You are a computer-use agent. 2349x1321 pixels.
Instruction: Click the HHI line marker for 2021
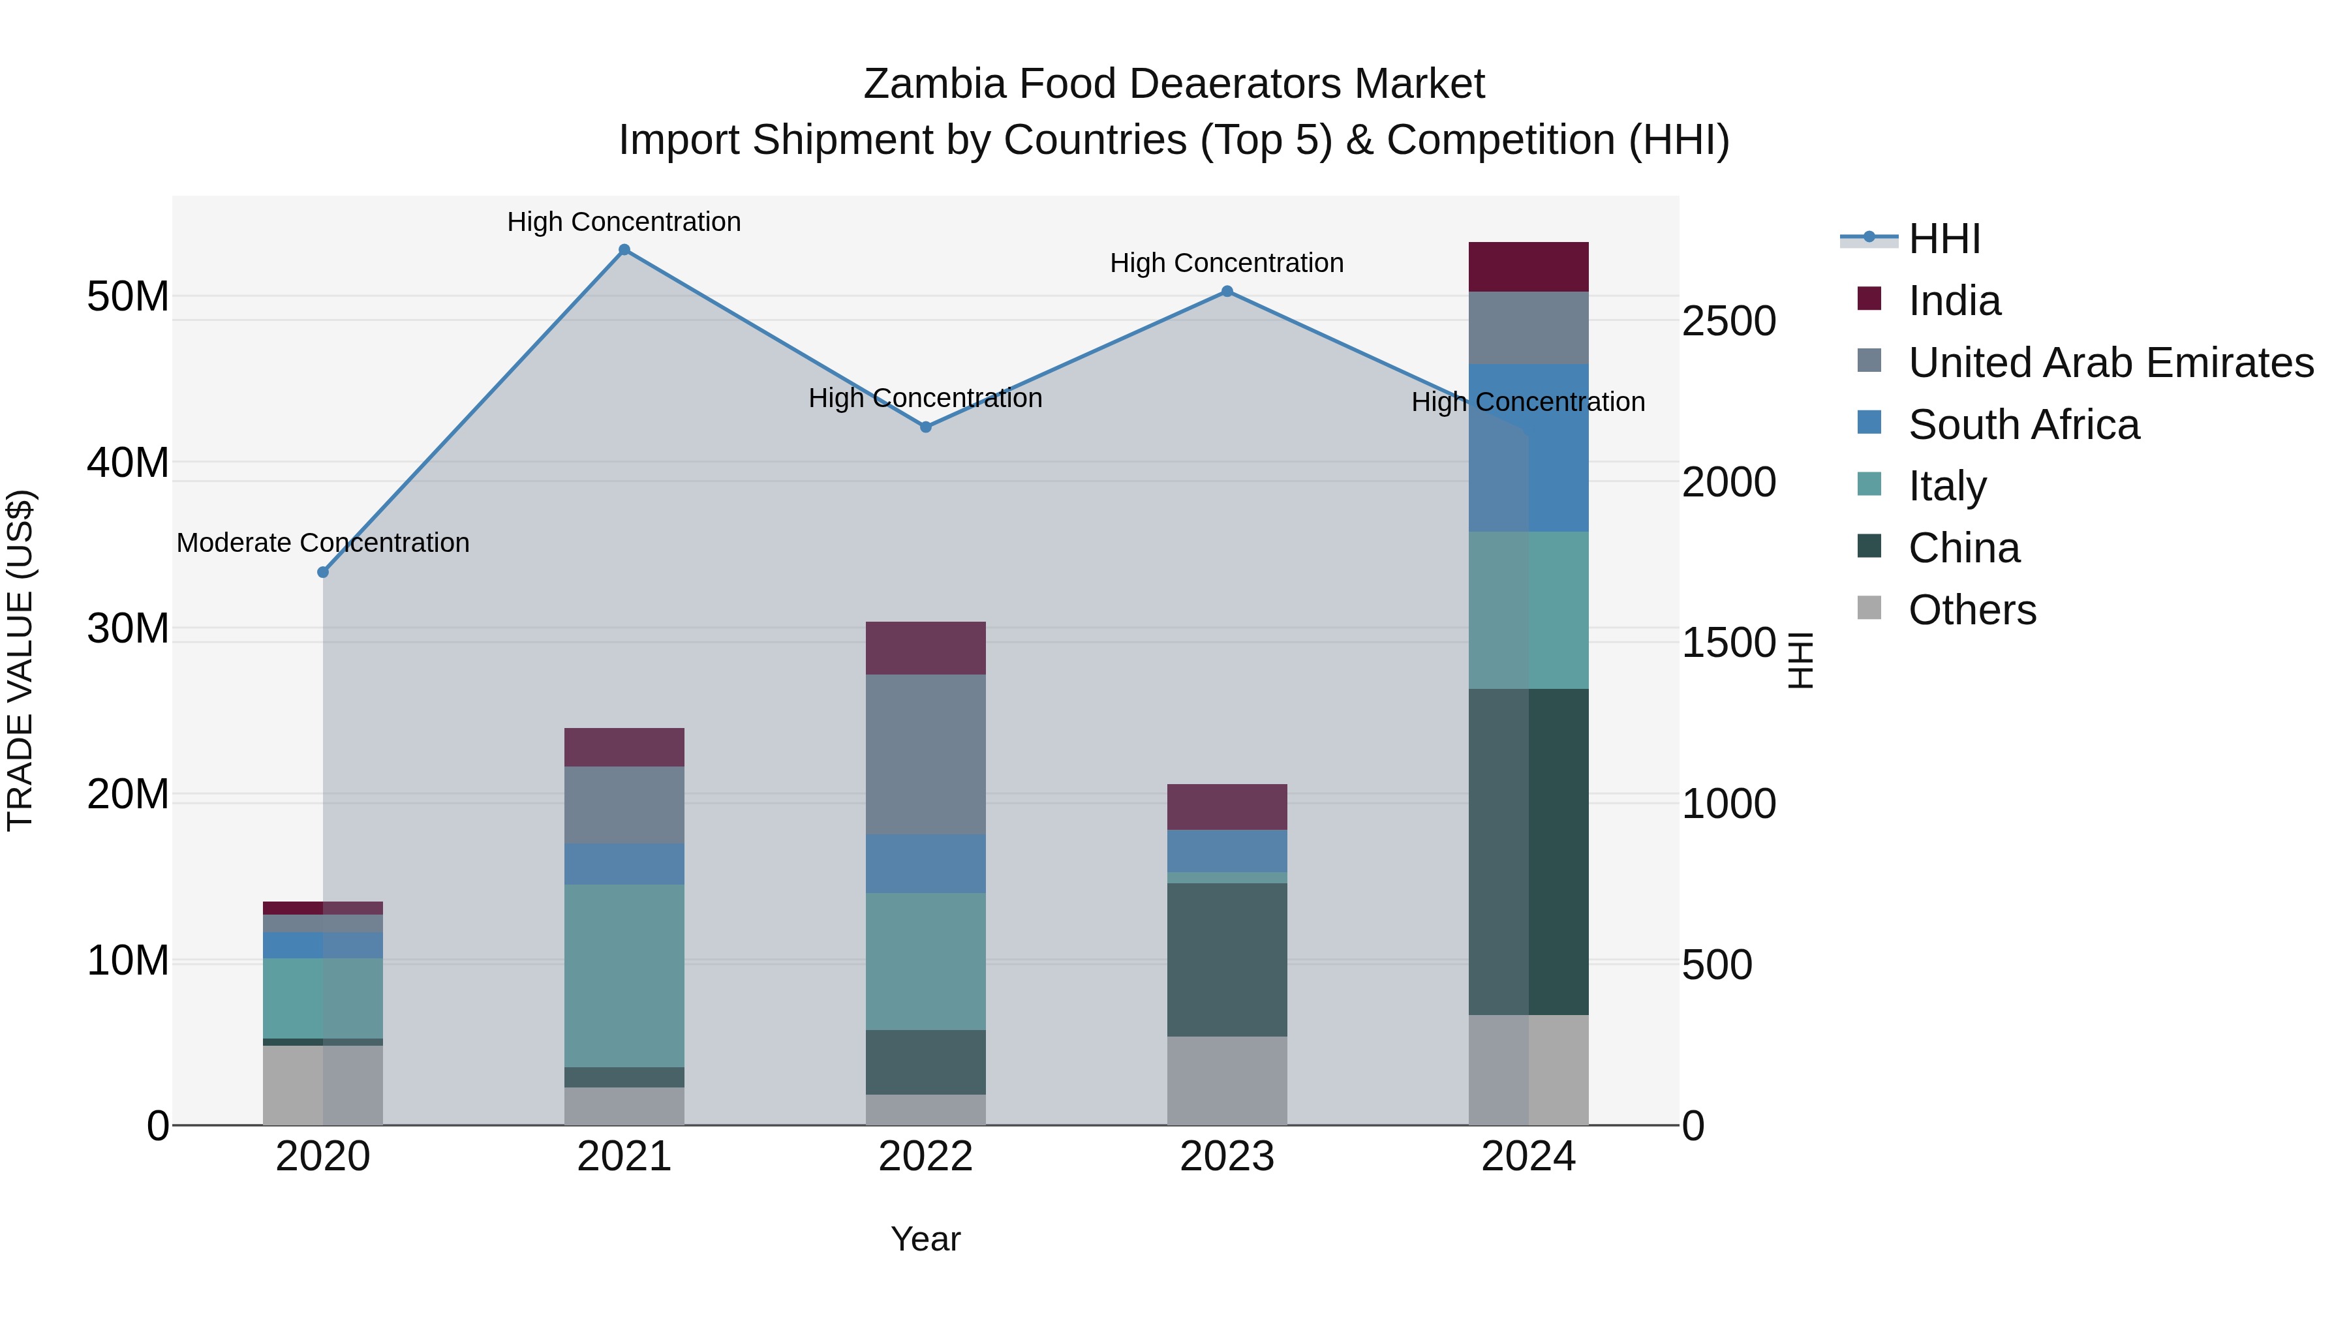tap(624, 250)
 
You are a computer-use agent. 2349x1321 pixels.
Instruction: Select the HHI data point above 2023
tap(1227, 292)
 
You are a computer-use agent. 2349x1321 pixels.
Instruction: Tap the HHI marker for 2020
tap(323, 573)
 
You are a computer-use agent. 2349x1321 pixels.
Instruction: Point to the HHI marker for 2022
tap(925, 427)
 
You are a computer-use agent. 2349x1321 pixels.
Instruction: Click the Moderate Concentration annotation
tap(323, 543)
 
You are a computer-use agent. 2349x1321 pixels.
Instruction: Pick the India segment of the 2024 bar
tap(1528, 267)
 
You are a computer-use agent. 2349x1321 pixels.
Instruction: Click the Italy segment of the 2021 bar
tap(624, 975)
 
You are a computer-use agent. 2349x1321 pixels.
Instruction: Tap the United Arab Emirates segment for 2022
tap(925, 754)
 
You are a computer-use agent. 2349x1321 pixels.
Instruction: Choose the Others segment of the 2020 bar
tap(323, 1085)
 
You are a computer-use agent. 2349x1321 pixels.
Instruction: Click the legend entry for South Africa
tap(2023, 425)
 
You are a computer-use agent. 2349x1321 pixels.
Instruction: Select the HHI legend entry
tap(1944, 239)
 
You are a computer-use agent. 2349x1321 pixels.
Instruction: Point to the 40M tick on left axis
tap(128, 463)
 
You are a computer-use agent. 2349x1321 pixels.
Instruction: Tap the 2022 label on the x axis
tap(925, 1157)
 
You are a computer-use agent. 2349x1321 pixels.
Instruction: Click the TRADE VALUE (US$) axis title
tap(20, 660)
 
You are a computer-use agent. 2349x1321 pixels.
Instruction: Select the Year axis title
tap(925, 1239)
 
